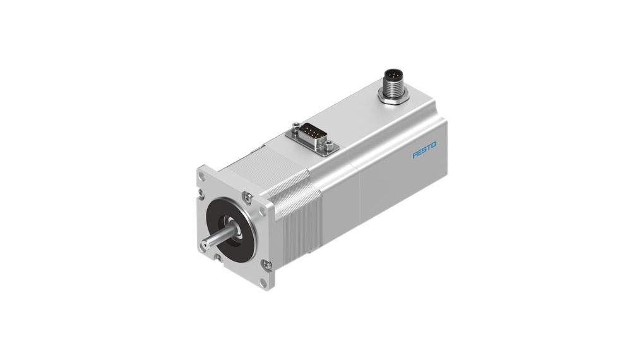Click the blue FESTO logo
[x=424, y=150]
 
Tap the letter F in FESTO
[x=415, y=155]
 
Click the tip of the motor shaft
[x=204, y=246]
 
